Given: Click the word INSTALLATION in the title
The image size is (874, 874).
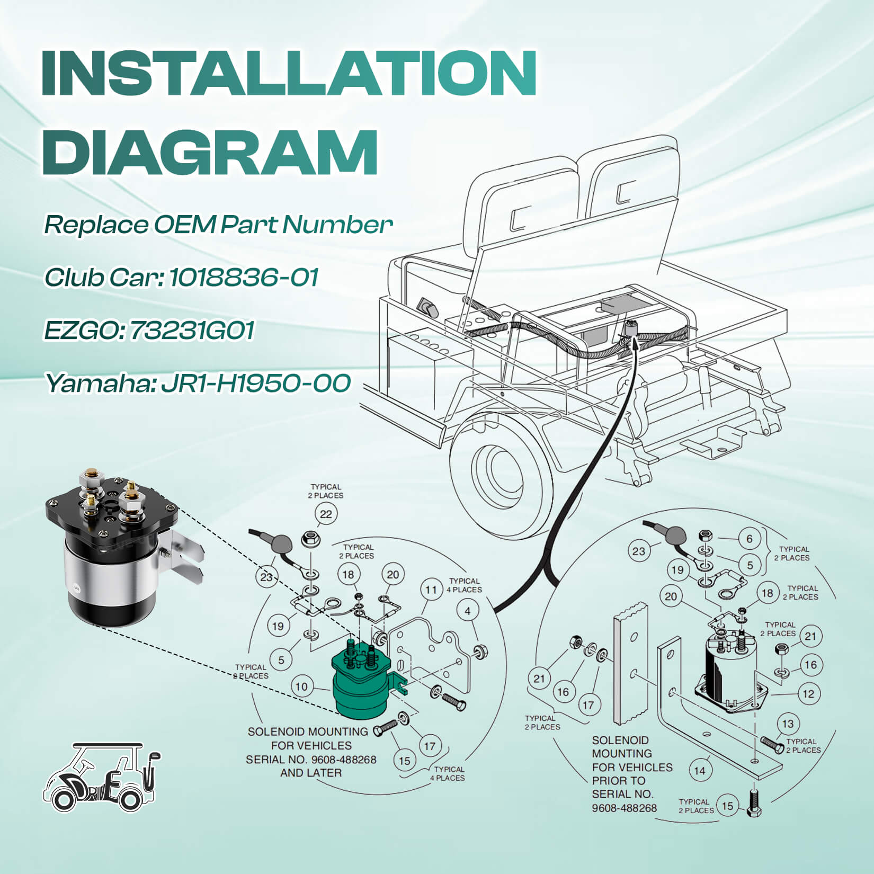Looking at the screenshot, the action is [x=289, y=73].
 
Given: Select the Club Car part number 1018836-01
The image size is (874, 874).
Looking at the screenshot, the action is [x=244, y=277].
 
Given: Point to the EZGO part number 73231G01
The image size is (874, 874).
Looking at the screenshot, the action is [x=192, y=330].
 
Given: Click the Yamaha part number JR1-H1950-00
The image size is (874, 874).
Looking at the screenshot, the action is [x=255, y=383].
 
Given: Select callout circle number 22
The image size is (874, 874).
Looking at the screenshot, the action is [x=326, y=514].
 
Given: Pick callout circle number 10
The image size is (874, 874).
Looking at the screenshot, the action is [x=301, y=687].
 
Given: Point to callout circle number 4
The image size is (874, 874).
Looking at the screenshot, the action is [x=468, y=611].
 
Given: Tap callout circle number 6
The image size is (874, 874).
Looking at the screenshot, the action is [x=749, y=539].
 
